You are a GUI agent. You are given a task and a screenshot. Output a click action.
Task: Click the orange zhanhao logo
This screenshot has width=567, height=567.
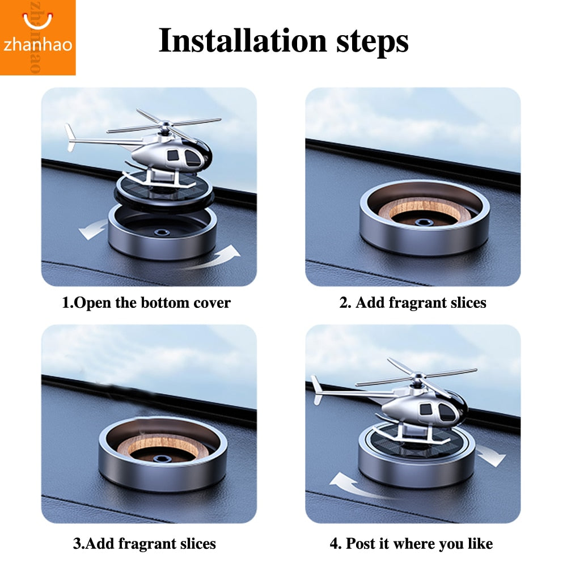pyautogui.click(x=37, y=37)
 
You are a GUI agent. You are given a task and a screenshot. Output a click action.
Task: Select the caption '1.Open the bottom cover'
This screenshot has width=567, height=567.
pyautogui.click(x=146, y=303)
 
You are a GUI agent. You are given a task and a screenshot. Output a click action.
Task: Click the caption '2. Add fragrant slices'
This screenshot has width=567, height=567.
pyautogui.click(x=413, y=303)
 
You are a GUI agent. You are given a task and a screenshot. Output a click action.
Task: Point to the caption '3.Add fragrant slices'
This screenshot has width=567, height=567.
pyautogui.click(x=145, y=544)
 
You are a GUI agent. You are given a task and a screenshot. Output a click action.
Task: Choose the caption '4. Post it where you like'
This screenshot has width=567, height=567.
pyautogui.click(x=411, y=544)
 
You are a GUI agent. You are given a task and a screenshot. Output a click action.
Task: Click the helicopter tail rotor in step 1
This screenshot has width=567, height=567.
pyautogui.click(x=70, y=138)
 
